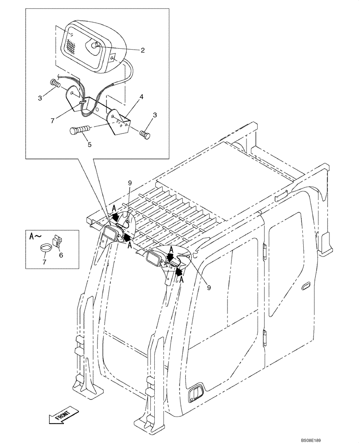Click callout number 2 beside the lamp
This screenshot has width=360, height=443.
[x=143, y=50]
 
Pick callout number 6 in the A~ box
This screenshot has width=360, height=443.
[x=61, y=255]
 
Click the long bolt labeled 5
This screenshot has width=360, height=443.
[x=80, y=130]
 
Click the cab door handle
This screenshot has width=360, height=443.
[x=306, y=287]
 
